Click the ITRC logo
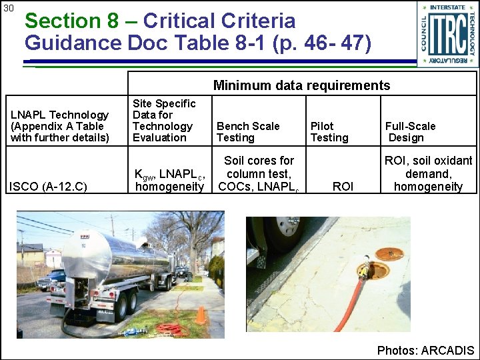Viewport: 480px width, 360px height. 447,34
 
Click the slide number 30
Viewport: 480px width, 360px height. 9,9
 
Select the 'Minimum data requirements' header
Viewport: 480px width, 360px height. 301,85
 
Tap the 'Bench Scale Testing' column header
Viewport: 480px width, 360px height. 248,131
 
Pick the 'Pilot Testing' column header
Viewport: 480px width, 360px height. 329,131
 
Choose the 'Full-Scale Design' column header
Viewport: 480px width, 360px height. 410,131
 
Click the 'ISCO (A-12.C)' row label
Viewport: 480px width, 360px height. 49,187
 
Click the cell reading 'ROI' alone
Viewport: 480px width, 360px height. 342,187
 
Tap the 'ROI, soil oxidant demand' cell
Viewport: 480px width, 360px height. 428,174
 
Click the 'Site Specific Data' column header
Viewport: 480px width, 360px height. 164,120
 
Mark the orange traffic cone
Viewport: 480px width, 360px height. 201,314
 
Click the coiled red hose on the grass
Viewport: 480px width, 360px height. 172,329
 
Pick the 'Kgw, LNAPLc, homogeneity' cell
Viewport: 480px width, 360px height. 169,181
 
